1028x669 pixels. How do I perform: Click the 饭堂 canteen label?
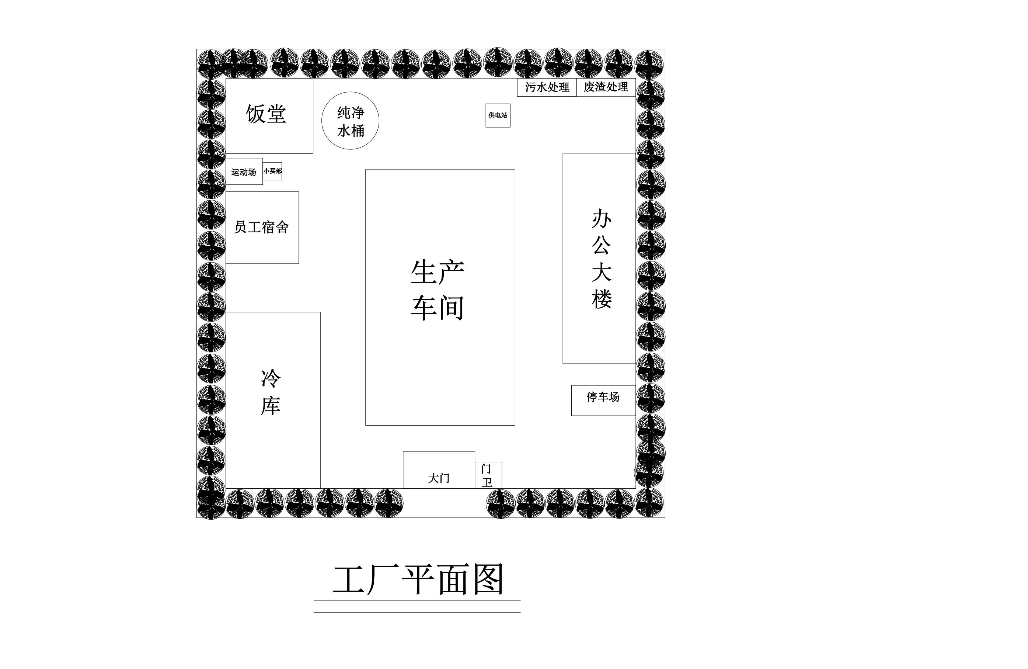coord(266,114)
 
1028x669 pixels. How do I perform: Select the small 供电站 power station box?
coord(498,115)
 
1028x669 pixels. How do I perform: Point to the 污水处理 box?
coord(547,87)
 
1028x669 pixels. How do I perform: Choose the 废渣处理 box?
coord(606,87)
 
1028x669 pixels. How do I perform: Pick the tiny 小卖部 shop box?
coord(272,171)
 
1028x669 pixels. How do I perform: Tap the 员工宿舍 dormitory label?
coord(261,227)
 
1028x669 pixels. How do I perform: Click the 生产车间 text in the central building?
coord(438,290)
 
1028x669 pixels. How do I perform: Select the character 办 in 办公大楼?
coord(602,219)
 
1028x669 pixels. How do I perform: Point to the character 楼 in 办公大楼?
coord(602,299)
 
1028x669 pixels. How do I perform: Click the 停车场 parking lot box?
coord(603,401)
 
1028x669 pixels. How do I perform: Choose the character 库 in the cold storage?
coord(271,405)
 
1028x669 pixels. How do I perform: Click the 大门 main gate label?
coord(439,478)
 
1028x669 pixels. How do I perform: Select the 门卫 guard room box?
coord(488,475)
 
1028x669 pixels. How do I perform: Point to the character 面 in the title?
coord(453,579)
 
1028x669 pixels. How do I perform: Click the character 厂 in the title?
coord(384,579)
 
